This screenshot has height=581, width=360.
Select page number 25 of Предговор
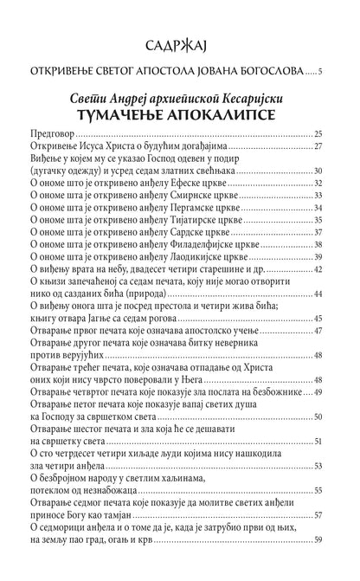pos(318,135)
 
